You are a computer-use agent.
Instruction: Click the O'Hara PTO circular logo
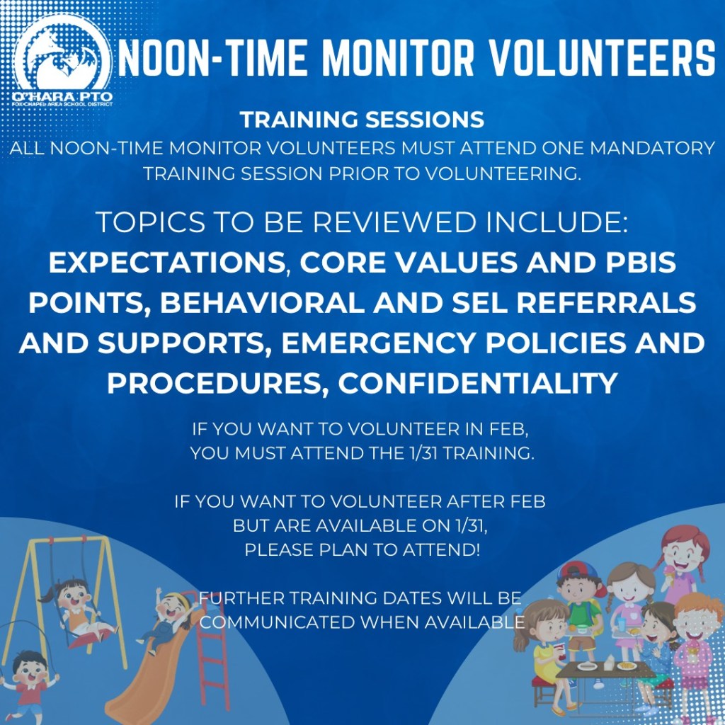pos(62,62)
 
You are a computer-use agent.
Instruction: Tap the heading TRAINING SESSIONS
pos(362,119)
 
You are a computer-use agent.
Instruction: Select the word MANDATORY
pos(652,149)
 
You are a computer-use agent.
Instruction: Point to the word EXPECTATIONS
pos(167,263)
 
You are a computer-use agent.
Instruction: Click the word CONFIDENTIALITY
pos(478,383)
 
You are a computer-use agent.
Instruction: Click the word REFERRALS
pos(606,302)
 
